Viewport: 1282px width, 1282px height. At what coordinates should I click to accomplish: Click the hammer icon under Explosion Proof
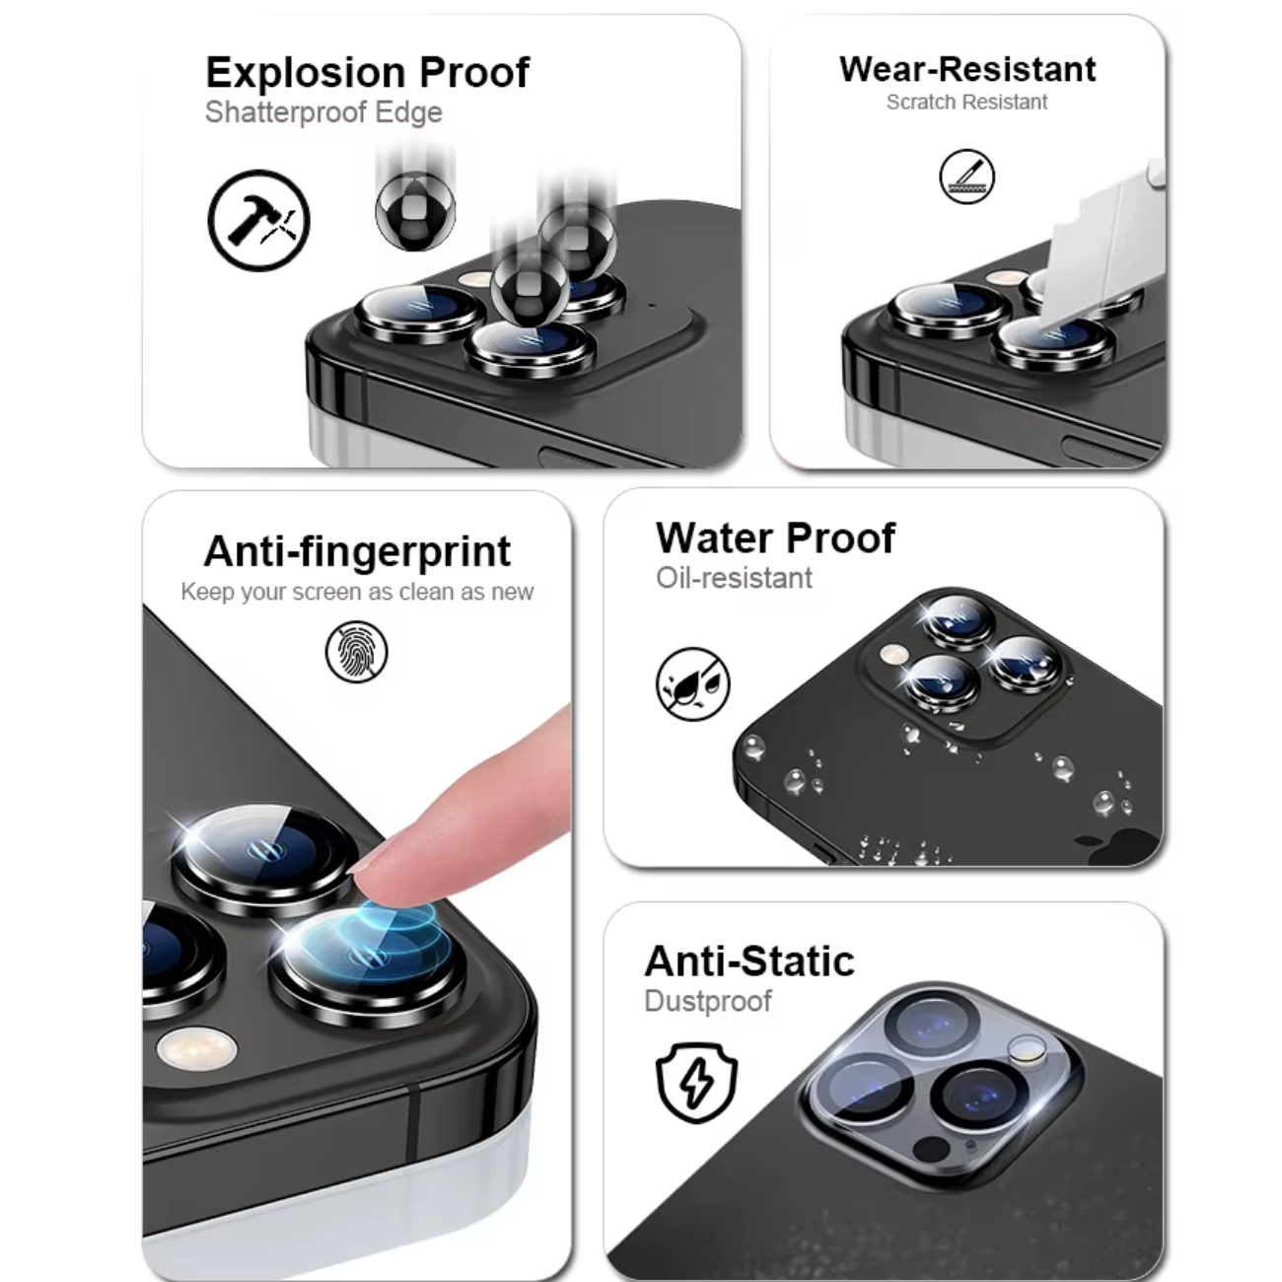pos(258,220)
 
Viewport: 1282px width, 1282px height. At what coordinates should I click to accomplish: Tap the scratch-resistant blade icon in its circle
pos(966,177)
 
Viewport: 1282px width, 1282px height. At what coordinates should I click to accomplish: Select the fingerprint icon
pos(357,651)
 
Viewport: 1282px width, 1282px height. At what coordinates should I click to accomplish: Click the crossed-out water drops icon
pos(692,684)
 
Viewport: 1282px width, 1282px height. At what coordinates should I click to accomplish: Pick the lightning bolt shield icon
pos(696,1083)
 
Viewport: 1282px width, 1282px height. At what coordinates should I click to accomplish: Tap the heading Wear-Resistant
pos(967,69)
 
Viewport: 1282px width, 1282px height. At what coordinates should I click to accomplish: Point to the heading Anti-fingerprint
pos(357,551)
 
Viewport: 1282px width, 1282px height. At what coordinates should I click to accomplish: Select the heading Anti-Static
pos(749,961)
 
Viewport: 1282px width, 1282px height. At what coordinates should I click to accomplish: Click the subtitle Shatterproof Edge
pos(323,112)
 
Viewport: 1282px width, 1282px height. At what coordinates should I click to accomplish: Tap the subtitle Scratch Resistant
pos(966,102)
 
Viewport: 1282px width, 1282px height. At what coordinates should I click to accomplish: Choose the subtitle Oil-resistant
pos(734,578)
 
